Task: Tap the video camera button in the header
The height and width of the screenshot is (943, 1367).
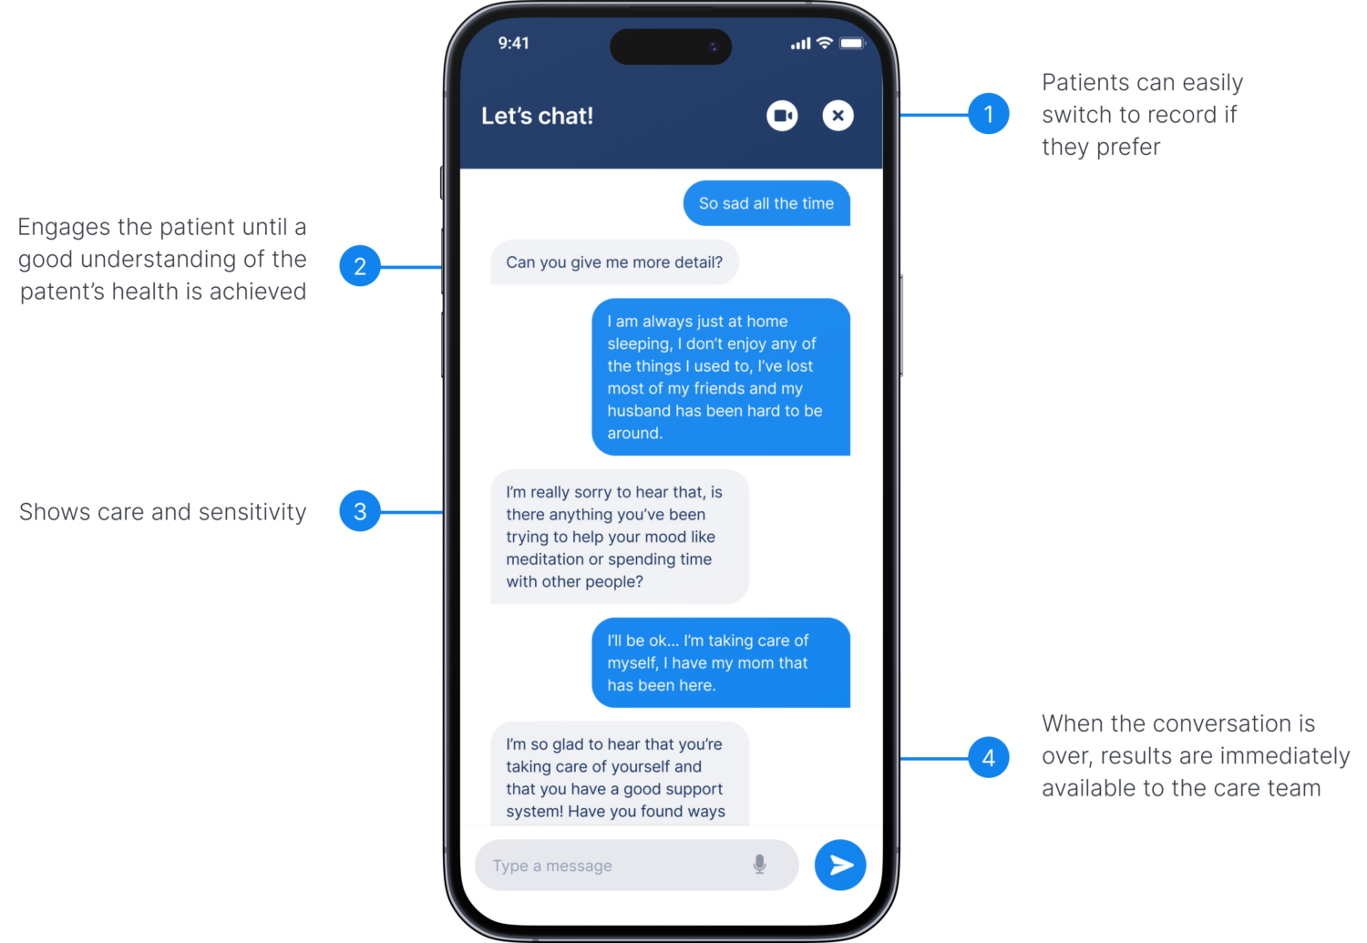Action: [x=782, y=116]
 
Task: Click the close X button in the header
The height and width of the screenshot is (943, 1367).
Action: [x=838, y=116]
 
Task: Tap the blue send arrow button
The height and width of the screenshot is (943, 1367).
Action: [x=840, y=865]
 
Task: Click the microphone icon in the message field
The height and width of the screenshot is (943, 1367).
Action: [x=759, y=865]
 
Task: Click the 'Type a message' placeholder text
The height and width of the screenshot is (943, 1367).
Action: [x=552, y=866]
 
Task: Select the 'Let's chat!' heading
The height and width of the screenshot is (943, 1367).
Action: [x=537, y=116]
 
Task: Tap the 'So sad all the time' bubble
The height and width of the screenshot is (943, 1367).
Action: [x=766, y=203]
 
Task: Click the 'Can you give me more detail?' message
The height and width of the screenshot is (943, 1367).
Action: [x=614, y=262]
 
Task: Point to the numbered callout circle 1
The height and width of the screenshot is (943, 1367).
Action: [x=989, y=114]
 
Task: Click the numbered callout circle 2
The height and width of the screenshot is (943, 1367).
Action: [x=360, y=266]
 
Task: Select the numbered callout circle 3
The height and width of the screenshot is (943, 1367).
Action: [x=360, y=511]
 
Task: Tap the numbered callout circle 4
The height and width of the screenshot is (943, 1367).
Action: [x=989, y=757]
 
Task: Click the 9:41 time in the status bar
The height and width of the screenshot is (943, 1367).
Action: [x=513, y=44]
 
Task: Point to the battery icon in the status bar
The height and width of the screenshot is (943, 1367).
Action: [x=852, y=44]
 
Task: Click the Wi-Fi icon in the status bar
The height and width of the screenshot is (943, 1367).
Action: [x=825, y=43]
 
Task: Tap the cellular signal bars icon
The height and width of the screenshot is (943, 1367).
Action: [x=801, y=44]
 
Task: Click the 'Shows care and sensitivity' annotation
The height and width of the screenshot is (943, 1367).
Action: [x=163, y=512]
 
